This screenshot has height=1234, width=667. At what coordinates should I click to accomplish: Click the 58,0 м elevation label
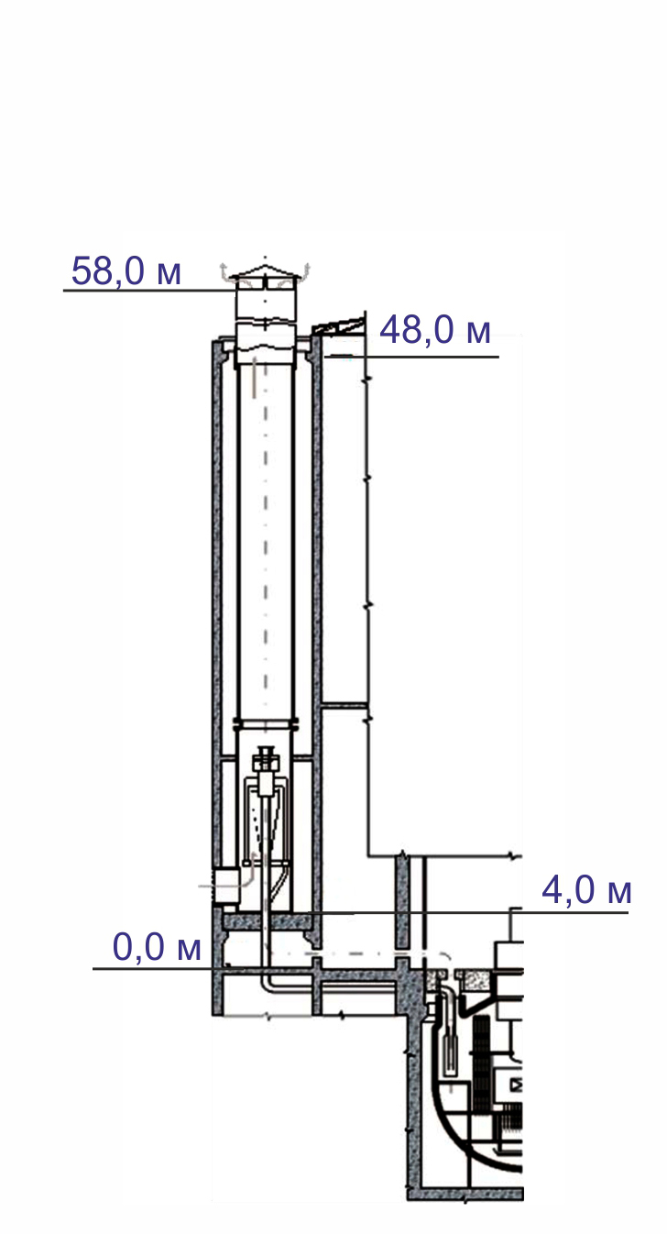click(126, 271)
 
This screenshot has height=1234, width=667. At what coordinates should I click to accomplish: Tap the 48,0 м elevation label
click(435, 330)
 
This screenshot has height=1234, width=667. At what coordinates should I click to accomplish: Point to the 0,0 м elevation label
click(157, 947)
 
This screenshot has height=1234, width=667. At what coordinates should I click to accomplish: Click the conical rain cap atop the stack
click(266, 275)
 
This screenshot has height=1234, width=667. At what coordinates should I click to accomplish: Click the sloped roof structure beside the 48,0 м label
click(339, 326)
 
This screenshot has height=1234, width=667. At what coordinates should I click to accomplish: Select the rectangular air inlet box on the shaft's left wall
click(225, 884)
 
